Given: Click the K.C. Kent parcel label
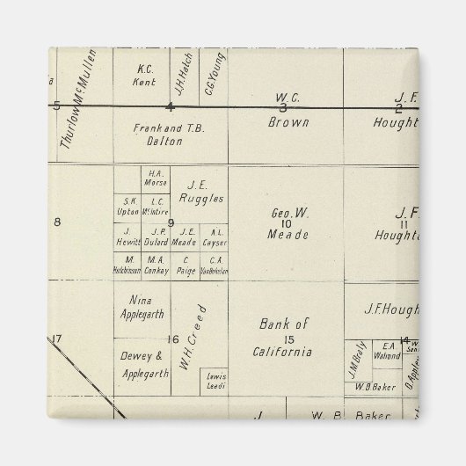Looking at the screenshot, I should [147, 75].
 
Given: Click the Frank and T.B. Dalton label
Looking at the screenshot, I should [169, 134].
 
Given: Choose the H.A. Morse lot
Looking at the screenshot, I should [158, 178].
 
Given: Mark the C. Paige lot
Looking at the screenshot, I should [186, 265].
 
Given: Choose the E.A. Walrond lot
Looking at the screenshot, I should [386, 350].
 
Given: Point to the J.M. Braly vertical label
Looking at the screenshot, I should [357, 355].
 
